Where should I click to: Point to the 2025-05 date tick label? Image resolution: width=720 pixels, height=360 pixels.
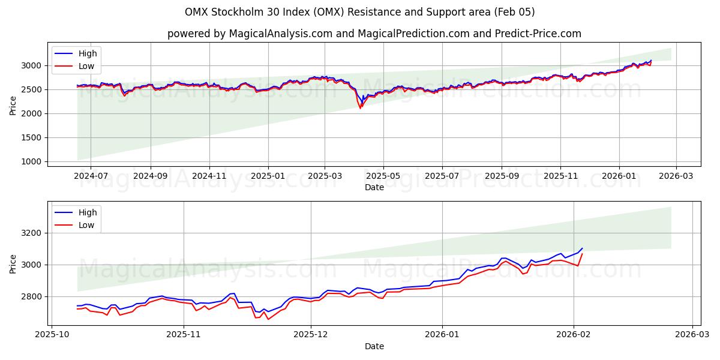[x=383, y=176]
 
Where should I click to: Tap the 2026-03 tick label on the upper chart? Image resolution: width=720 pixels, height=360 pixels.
[x=676, y=176]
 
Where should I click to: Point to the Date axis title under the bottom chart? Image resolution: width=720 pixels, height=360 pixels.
[x=374, y=346]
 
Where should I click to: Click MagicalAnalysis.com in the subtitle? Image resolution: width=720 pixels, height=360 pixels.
[x=280, y=34]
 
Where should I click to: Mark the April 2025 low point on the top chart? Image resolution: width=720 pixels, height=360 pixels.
[x=360, y=108]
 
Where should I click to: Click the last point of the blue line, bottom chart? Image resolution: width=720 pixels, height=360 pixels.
[x=582, y=248]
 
